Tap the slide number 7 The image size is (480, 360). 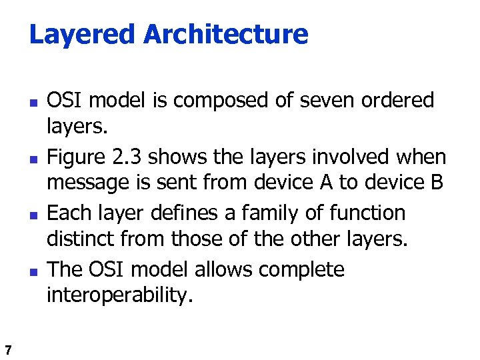click(x=7, y=349)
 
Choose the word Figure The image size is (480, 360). click(x=75, y=157)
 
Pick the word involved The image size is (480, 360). click(x=343, y=157)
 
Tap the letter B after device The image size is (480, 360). click(x=436, y=182)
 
